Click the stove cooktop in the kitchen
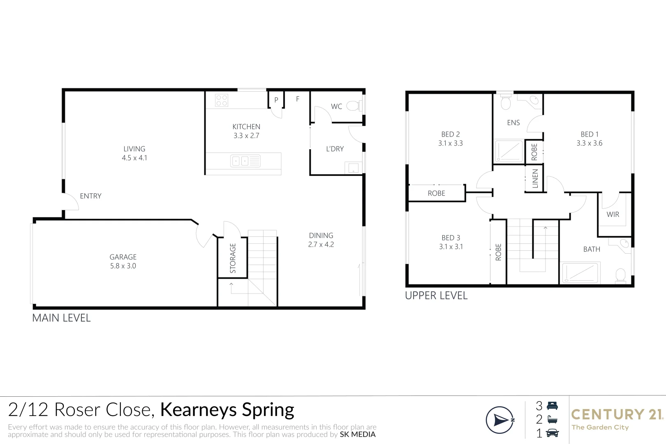(222, 100)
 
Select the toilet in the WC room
(352, 106)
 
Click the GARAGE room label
(123, 257)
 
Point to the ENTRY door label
(90, 196)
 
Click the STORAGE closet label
(233, 258)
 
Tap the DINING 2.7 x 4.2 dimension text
(321, 244)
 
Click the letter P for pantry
(276, 100)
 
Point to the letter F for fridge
(298, 99)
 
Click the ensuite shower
(509, 152)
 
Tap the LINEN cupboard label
(535, 179)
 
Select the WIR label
(613, 214)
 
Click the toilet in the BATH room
(620, 275)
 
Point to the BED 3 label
(451, 238)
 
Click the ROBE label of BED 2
(436, 193)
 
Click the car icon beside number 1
(552, 433)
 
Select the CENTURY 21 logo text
(617, 414)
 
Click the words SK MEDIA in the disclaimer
(357, 435)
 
